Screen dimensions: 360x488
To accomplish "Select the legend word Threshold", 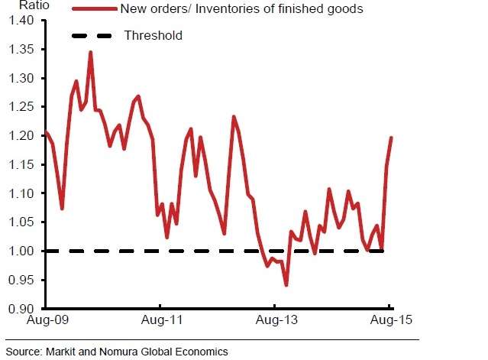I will pos(153,35).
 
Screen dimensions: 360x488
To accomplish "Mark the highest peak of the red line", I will pos(90,53).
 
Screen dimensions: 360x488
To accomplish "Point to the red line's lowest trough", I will pos(286,285).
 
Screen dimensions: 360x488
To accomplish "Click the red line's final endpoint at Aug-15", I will pos(392,138).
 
